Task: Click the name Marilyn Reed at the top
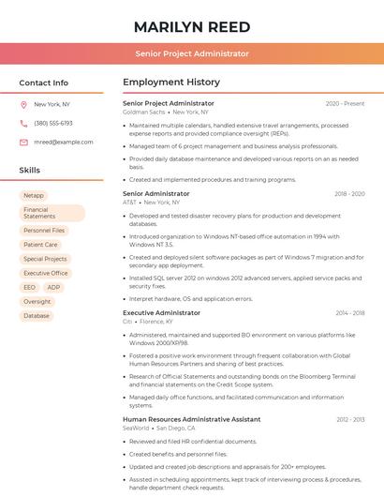[191, 25]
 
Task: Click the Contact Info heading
[43, 83]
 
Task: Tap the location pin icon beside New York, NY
[23, 105]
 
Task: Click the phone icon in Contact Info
[23, 123]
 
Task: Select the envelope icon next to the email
[23, 142]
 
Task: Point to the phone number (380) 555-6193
[53, 123]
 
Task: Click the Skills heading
[30, 170]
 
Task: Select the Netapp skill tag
[34, 196]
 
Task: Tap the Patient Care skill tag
[40, 245]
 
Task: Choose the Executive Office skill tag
[46, 273]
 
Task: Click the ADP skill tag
[53, 287]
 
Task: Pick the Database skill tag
[37, 316]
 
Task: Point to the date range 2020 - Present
[345, 103]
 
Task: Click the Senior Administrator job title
[155, 193]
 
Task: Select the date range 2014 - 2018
[348, 312]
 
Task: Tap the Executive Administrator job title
[161, 312]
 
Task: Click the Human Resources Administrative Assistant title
[191, 419]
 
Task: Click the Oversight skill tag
[37, 302]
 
